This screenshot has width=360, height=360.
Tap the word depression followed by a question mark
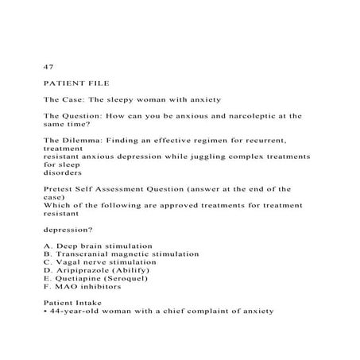click(x=73, y=230)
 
